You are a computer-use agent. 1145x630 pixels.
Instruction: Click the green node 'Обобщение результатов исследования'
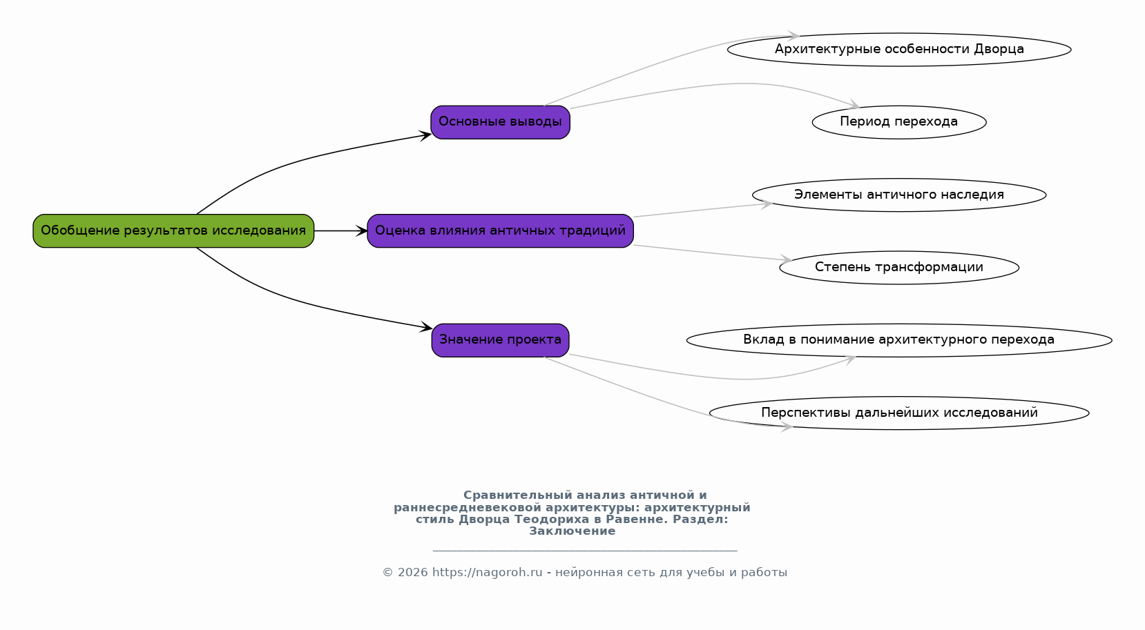pos(173,231)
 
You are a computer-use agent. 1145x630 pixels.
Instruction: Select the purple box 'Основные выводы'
pos(501,122)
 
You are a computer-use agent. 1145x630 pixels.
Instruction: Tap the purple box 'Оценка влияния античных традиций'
pos(501,231)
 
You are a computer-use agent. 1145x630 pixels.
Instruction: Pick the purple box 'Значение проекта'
pos(501,340)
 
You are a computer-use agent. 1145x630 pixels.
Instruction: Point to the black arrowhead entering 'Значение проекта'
pos(426,327)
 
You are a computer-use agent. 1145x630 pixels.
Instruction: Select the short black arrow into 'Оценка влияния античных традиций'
pos(341,231)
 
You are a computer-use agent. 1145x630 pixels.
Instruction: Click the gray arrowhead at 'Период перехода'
pos(854,104)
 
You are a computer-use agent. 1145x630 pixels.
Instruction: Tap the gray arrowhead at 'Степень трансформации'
pos(786,259)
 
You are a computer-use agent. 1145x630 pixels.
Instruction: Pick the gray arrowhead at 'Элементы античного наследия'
pos(766,204)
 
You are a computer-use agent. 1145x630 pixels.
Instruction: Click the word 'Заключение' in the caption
pos(572,531)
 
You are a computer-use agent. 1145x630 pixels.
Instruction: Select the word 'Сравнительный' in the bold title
pos(517,495)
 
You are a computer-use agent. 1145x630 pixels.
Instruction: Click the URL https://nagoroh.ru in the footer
pos(487,573)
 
